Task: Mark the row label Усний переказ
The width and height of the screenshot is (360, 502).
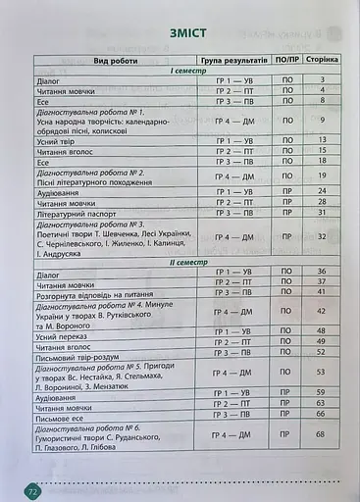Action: tap(65, 330)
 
